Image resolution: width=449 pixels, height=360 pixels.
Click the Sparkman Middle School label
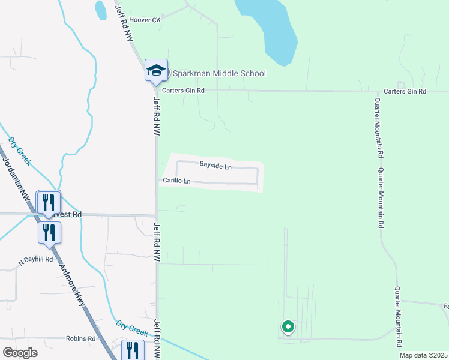[x=219, y=74]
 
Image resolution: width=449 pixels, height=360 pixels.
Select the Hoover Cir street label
[x=148, y=20]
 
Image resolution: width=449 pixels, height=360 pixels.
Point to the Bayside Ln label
[x=215, y=166]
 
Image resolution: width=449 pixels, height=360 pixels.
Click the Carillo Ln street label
[x=176, y=181]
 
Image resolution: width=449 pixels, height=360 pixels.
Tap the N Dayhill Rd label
[x=36, y=260]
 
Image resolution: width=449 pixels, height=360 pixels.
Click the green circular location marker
[x=288, y=327]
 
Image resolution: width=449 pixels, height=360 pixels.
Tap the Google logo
[x=20, y=352]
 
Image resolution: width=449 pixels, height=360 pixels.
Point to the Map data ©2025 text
[x=424, y=355]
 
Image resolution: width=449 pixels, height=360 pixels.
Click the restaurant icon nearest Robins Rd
[x=133, y=350]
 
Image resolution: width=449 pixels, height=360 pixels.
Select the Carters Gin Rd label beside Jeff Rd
[x=187, y=91]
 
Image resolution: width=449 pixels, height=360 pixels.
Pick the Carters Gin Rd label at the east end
[x=405, y=91]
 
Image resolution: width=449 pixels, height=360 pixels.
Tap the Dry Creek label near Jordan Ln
[x=20, y=151]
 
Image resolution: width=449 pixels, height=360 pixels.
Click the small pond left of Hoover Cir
[x=100, y=9]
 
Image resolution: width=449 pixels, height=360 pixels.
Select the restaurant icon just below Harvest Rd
[x=49, y=232]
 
